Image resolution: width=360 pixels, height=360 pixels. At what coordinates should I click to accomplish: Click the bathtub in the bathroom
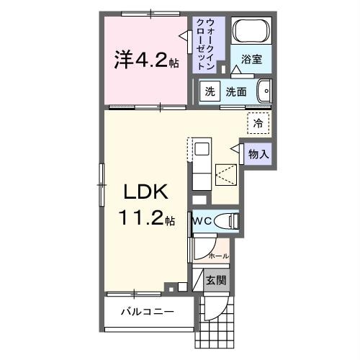tap(251, 32)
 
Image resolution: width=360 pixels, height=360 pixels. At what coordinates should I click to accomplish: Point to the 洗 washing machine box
tap(209, 91)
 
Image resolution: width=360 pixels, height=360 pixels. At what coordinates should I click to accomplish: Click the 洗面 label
tap(236, 91)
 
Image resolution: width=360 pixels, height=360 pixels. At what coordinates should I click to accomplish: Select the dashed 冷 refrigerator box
tap(258, 123)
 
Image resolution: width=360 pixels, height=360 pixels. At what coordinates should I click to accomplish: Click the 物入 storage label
tap(258, 153)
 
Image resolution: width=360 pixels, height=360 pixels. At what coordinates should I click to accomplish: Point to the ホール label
tap(218, 256)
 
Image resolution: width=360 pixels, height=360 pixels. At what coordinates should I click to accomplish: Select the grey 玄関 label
tap(215, 280)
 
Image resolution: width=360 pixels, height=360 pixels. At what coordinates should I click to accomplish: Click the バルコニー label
tap(146, 312)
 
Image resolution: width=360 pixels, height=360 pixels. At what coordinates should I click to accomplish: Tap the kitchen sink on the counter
tap(201, 150)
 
